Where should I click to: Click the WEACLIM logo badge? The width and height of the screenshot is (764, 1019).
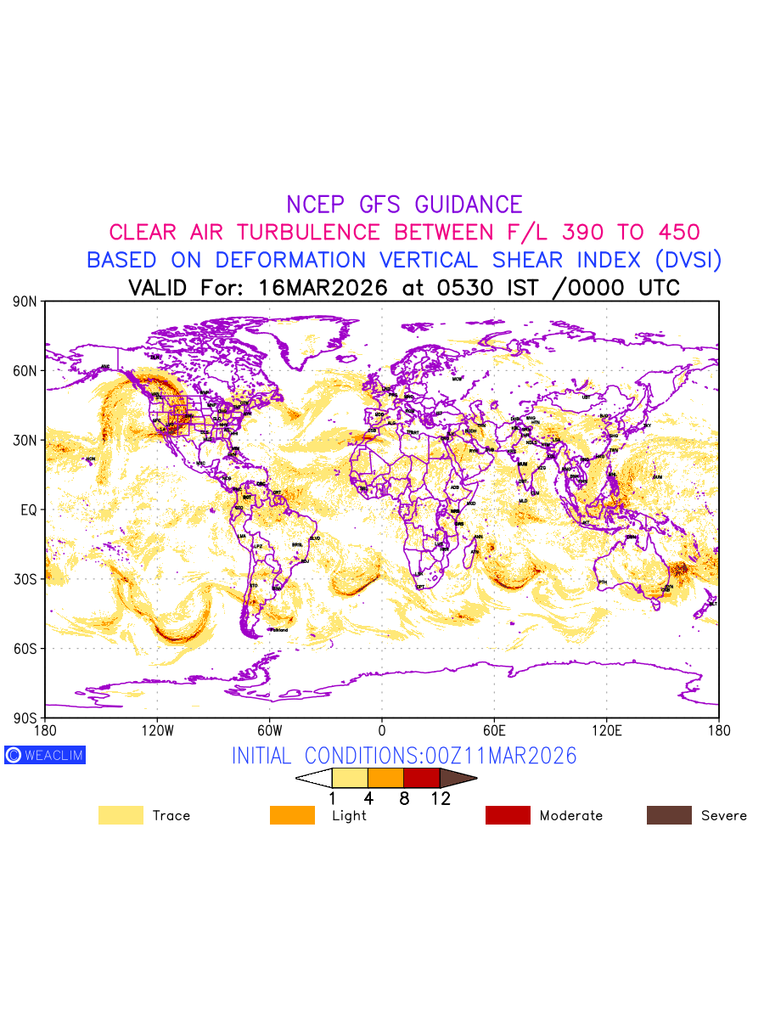[45, 755]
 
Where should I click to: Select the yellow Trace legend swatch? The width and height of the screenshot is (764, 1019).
[121, 815]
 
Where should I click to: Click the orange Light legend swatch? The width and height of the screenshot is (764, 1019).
[292, 815]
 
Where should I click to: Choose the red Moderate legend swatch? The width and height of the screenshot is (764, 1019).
[508, 815]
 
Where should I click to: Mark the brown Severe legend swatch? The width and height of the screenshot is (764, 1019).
[669, 815]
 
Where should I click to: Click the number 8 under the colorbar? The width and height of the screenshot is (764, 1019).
[404, 798]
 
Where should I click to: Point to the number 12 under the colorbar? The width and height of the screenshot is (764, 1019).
[440, 798]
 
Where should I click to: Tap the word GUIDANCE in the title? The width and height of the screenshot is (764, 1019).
[469, 205]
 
